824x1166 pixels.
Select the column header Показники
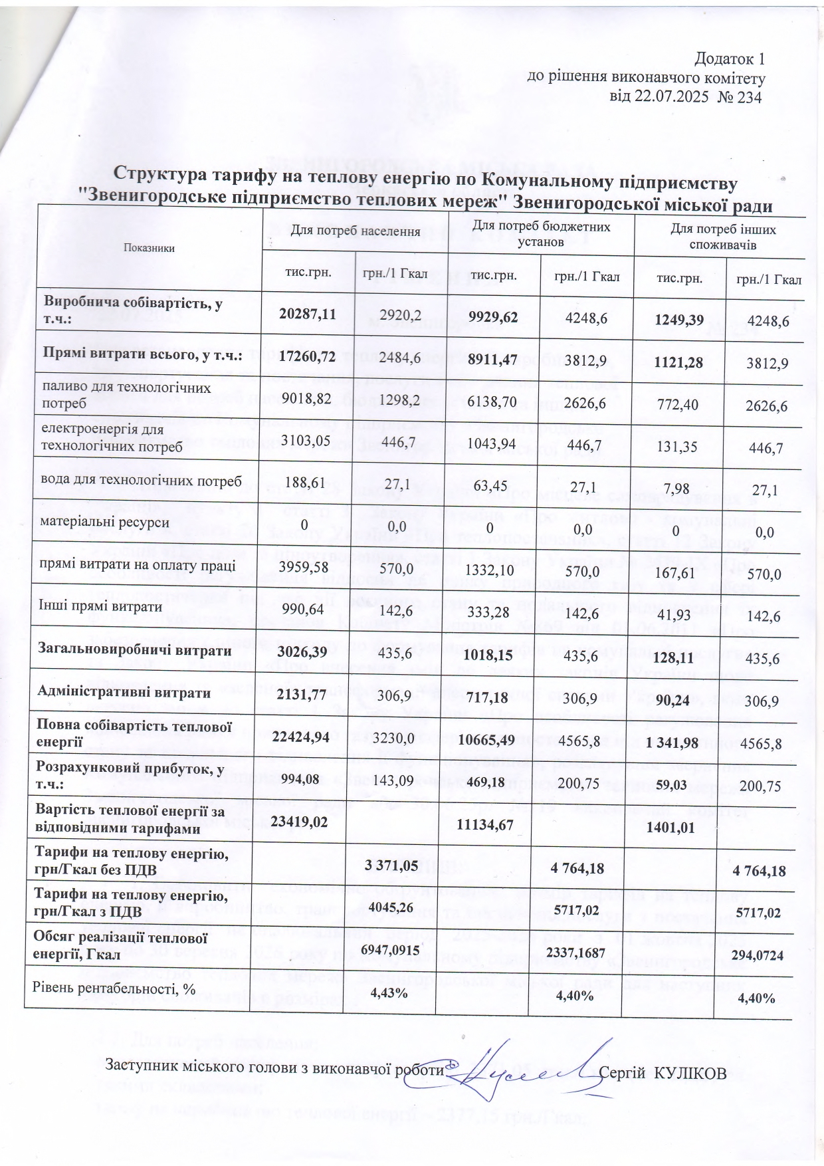149,248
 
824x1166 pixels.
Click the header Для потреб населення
356,231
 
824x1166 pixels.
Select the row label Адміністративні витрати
124,693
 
